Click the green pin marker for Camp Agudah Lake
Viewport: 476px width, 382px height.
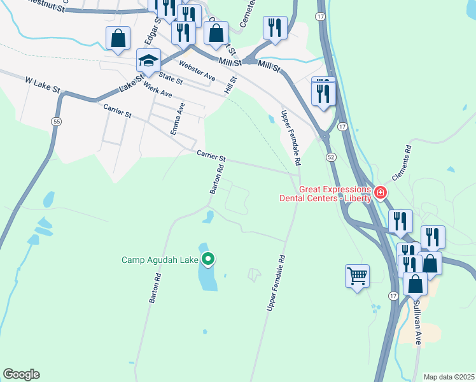[x=208, y=259]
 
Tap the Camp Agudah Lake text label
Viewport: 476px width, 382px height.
[x=160, y=260]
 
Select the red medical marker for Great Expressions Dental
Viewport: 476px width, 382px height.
[x=381, y=192]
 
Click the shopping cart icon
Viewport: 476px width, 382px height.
[x=357, y=276]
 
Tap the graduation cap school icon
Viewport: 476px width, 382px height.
[x=148, y=61]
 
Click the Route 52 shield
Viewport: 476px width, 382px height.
[x=331, y=157]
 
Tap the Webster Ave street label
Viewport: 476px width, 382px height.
[x=197, y=71]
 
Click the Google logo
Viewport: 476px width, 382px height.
[x=21, y=374]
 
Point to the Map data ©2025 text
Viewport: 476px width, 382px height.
[x=449, y=377]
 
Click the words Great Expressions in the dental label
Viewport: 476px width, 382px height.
[x=335, y=189]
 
